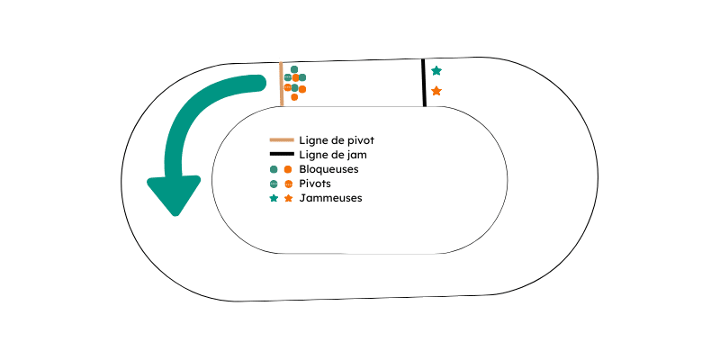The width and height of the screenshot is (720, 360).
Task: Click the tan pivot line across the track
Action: click(x=281, y=84)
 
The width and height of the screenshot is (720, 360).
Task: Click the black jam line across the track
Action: click(x=423, y=83)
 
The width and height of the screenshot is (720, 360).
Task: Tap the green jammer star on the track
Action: click(x=436, y=71)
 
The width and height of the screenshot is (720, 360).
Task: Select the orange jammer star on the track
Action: click(x=436, y=91)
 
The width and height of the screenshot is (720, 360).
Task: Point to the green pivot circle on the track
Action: click(x=288, y=77)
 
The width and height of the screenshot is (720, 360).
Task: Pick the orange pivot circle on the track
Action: click(x=288, y=86)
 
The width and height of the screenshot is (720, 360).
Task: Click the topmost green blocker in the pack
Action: click(x=294, y=69)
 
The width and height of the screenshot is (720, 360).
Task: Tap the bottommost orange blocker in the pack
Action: click(x=294, y=97)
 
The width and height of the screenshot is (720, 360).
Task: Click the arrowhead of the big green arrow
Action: click(x=174, y=193)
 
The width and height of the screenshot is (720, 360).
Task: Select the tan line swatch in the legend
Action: click(x=282, y=139)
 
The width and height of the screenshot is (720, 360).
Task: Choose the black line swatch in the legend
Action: click(x=282, y=154)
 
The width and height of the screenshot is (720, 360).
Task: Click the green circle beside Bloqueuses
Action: click(x=274, y=169)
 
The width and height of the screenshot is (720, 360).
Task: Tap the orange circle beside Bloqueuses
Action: click(x=288, y=169)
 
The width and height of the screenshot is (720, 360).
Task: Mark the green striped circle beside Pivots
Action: click(x=274, y=184)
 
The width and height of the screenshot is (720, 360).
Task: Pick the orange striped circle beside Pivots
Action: click(x=288, y=184)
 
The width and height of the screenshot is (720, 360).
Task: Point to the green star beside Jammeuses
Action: click(x=274, y=198)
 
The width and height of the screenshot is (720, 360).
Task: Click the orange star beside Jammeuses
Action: click(x=288, y=198)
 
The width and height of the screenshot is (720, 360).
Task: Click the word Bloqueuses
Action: click(x=328, y=169)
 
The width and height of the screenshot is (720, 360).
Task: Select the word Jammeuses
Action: click(x=330, y=198)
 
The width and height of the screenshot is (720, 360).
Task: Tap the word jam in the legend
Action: click(x=357, y=155)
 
